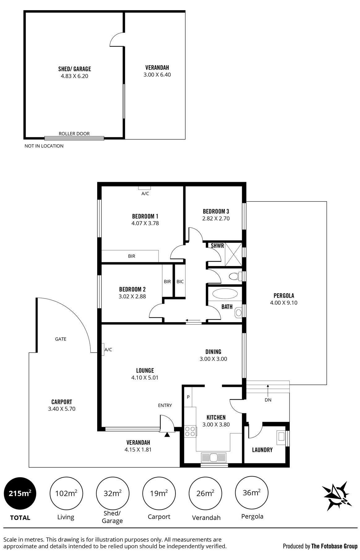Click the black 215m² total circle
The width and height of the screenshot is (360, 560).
coord(20,493)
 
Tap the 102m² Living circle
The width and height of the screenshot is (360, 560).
coord(66,493)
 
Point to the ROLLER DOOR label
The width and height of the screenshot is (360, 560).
coord(74,134)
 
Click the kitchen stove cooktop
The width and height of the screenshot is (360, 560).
coord(190,431)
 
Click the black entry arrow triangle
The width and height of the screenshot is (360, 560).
coord(167,435)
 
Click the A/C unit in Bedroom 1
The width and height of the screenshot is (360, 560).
coord(145,188)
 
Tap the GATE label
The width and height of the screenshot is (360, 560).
coord(61,339)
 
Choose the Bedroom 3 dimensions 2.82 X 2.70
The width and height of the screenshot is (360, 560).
coord(216,218)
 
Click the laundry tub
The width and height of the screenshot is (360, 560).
coord(281,436)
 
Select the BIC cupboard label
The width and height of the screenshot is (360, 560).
coord(180,282)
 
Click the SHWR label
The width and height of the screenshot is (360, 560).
coord(217,246)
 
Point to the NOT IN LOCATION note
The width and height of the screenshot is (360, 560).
coord(44,146)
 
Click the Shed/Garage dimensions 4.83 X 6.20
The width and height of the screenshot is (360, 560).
coord(75,76)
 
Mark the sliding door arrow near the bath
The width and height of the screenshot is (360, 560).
coord(193,320)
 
